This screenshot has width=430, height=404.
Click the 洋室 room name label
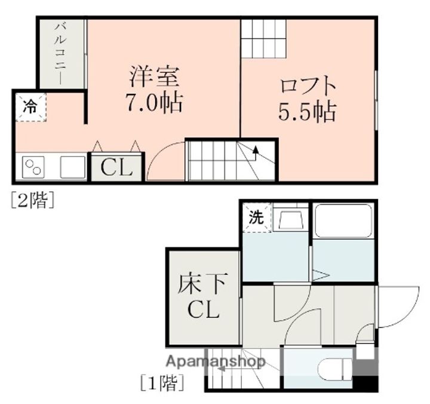155,78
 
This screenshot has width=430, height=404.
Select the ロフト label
308,86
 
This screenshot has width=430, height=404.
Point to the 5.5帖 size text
307,112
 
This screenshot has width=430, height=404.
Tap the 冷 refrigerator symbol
30,108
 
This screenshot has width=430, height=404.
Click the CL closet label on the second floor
116,168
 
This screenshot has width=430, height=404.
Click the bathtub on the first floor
343,224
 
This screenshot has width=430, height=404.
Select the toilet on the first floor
330,369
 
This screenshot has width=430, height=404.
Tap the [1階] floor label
161,382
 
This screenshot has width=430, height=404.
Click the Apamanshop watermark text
216,361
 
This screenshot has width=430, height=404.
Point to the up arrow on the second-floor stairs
256,152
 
